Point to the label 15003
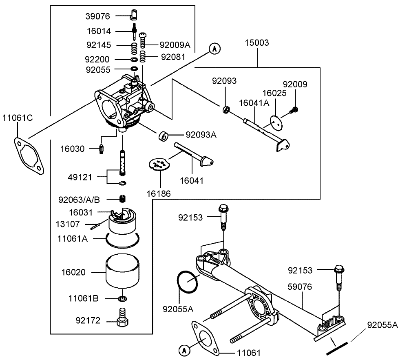pyautogui.click(x=257, y=42)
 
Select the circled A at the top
pyautogui.click(x=215, y=49)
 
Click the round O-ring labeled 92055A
pyautogui.click(x=188, y=282)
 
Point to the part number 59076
pyautogui.click(x=300, y=287)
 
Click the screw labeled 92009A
pyautogui.click(x=143, y=40)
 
